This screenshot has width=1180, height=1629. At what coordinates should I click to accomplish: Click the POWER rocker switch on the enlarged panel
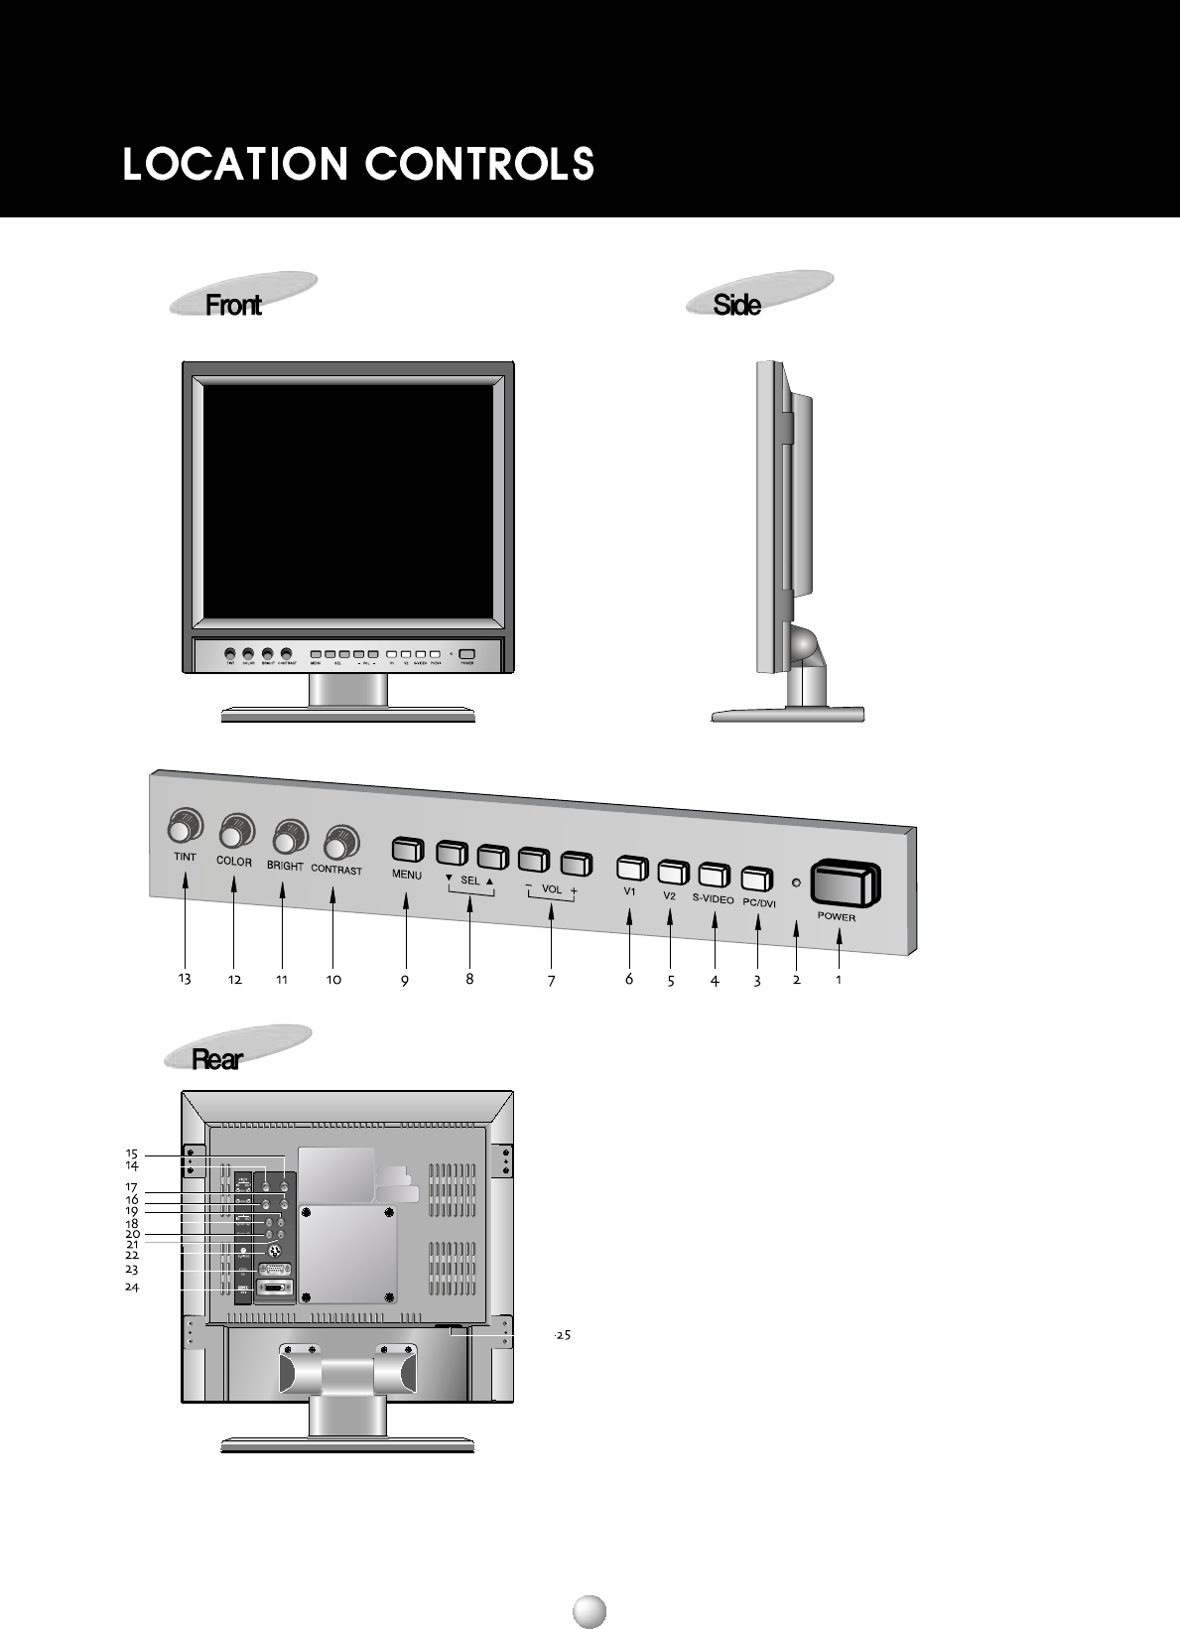(846, 883)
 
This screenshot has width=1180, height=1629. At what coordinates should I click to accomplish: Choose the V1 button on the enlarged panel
(631, 868)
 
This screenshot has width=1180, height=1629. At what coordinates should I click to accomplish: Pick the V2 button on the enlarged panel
(673, 872)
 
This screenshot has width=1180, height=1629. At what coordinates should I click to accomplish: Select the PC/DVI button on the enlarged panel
(756, 879)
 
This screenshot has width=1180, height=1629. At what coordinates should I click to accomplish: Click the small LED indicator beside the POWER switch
(796, 882)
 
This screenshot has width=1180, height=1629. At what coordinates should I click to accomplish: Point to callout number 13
(184, 979)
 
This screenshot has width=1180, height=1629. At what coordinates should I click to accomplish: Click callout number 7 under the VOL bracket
(551, 982)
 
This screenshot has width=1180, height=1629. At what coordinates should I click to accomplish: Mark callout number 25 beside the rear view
(562, 1335)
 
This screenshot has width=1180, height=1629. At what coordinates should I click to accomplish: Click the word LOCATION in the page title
(234, 164)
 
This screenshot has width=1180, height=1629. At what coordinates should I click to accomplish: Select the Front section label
(233, 304)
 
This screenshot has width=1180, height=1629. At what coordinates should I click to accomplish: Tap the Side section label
(737, 304)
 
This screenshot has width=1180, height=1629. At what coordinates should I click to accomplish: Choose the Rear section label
(216, 1059)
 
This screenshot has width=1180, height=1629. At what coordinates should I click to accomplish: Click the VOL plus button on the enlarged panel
(576, 862)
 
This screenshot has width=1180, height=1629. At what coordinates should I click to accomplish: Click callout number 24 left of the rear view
(131, 1287)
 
